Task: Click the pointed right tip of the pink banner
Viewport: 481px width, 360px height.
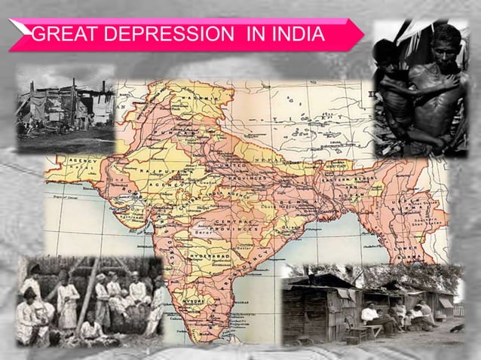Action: click(x=363, y=34)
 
